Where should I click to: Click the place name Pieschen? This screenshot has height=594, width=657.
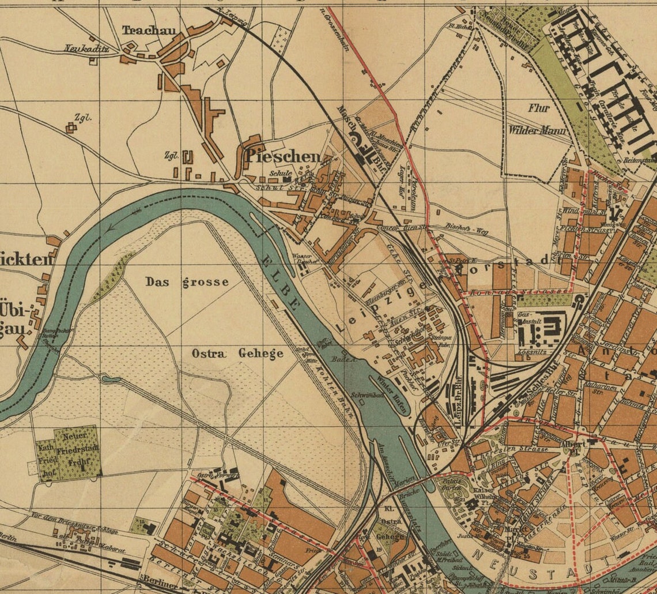coord(282,156)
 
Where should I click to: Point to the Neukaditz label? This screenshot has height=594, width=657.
coord(86,48)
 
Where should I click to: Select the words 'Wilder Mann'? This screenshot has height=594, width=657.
coord(539,130)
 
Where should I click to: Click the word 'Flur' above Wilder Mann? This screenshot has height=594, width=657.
coord(538,108)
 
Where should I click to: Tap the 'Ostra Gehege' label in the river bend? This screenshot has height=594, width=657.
coord(237,353)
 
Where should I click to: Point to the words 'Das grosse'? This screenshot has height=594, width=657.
coord(187,282)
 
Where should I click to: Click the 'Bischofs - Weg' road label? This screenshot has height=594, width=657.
coord(466,231)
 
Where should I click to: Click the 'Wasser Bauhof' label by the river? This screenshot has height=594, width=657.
coord(305,258)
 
